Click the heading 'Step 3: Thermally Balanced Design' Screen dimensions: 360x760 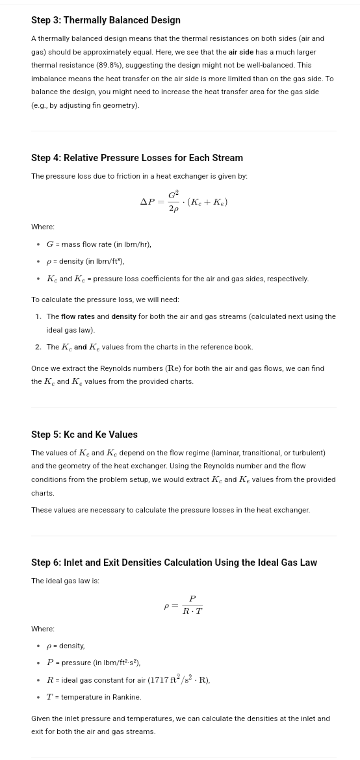point(106,20)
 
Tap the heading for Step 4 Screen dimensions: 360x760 point(137,158)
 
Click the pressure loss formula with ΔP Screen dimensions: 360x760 point(184,201)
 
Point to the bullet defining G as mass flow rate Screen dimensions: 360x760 point(99,244)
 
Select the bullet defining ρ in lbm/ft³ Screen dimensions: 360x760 point(85,261)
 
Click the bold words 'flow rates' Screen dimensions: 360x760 point(77,316)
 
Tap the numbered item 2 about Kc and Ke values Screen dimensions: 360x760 point(149,347)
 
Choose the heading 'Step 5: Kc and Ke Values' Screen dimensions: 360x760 point(84,435)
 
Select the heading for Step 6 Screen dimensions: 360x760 point(174,563)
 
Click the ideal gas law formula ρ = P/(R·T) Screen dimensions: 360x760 point(184,605)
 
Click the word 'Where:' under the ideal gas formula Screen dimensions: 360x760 point(43,629)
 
